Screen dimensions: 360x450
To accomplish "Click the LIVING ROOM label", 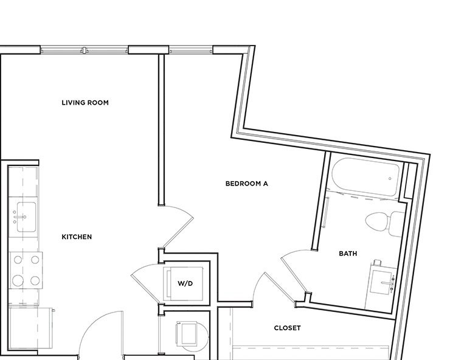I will coord(85,103).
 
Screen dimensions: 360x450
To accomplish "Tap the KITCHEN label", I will coord(77,237).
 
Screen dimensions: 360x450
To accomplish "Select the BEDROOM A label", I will coord(246,183).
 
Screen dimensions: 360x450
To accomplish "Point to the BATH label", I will coord(348,254).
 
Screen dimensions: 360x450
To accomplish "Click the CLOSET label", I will coord(287,328).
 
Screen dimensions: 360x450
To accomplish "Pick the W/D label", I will coord(185,283).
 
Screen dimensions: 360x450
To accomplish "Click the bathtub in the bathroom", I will coord(365,177).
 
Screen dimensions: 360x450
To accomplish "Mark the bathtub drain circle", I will coord(390,179).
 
